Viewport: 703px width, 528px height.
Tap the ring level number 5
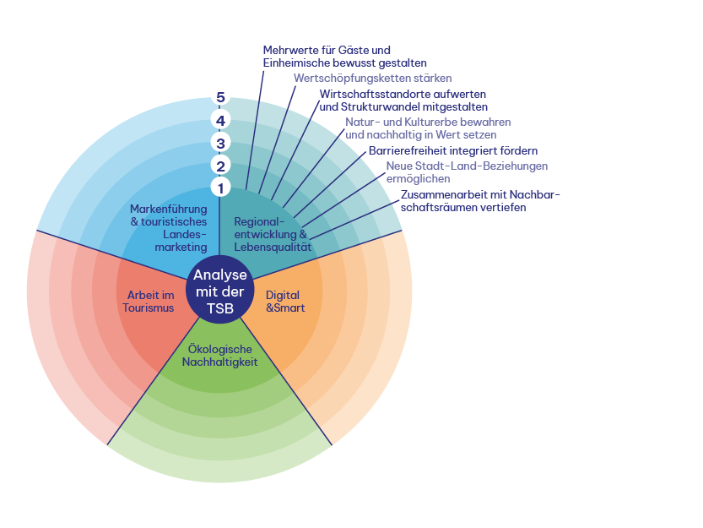pos(220,97)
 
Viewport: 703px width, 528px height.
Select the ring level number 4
pos(220,121)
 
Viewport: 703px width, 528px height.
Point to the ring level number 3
pos(220,144)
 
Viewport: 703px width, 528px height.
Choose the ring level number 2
pos(220,166)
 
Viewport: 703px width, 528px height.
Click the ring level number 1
pos(220,188)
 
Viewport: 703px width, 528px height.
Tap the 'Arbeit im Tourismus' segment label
pos(150,302)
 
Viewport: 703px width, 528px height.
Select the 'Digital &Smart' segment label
pos(285,302)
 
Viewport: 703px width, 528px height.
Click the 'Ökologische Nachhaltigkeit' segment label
pos(220,356)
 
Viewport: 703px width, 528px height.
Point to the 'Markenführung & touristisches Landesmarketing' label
pos(169,227)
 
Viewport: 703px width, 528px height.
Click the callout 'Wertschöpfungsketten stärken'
pos(366,79)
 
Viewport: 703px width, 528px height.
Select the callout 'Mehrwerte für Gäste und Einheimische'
pos(344,57)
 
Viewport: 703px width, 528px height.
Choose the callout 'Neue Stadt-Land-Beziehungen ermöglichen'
pos(467,172)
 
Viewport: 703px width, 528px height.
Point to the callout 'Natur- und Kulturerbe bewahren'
pos(428,128)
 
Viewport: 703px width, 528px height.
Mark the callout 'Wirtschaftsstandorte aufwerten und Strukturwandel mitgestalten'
pos(403,101)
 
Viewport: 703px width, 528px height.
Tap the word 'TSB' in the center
pos(220,308)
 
